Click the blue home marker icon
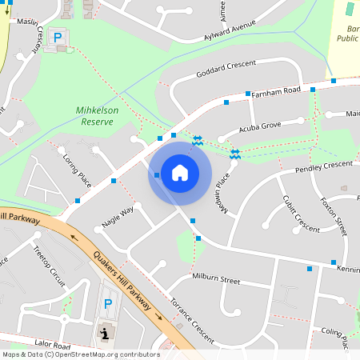(x=180, y=173)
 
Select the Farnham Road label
(x=275, y=93)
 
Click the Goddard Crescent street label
(x=225, y=69)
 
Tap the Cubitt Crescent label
(x=301, y=212)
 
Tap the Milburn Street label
(x=216, y=280)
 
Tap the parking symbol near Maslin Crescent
(x=57, y=37)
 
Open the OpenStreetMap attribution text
(x=81, y=354)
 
